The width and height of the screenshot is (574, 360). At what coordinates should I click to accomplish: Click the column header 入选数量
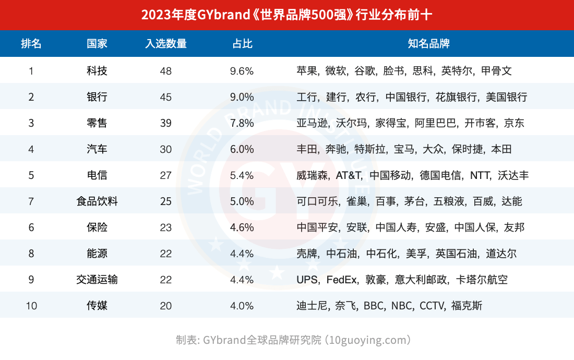[x=165, y=43]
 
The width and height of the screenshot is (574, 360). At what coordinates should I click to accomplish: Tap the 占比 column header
[x=242, y=43]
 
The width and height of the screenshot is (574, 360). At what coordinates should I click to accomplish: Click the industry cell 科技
[x=97, y=70]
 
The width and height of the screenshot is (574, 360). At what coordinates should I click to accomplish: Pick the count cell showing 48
[x=165, y=71]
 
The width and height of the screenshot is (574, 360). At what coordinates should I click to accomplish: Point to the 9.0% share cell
[x=242, y=97]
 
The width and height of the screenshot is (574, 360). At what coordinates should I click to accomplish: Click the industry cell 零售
[x=97, y=123]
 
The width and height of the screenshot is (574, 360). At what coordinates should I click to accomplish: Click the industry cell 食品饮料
[x=97, y=201]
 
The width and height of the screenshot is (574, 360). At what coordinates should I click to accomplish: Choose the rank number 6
[x=31, y=227]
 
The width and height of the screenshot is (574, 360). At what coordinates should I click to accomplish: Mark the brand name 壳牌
[x=307, y=254]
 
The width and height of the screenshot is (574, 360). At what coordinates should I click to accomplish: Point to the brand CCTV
[x=432, y=306]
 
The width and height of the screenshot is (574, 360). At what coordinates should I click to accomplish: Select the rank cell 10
[x=31, y=306]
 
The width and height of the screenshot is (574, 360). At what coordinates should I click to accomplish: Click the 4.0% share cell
[x=242, y=306]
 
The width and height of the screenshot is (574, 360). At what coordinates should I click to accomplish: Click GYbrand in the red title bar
[x=223, y=15]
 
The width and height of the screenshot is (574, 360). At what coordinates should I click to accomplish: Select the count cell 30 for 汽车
[x=165, y=149]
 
